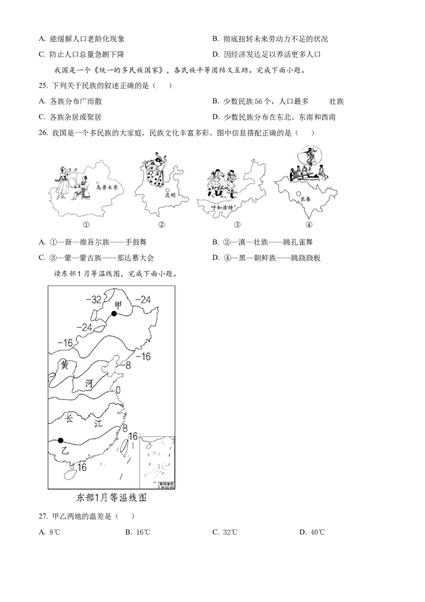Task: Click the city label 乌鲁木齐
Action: (x=105, y=187)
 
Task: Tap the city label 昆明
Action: (x=171, y=196)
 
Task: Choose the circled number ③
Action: (x=237, y=224)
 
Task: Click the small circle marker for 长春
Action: (x=299, y=194)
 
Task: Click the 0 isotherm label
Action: (x=118, y=390)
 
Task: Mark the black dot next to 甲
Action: (x=114, y=314)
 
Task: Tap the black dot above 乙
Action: (x=61, y=440)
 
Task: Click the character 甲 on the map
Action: (x=118, y=304)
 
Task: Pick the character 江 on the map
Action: (x=98, y=424)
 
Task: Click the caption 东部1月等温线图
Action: (x=111, y=498)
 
